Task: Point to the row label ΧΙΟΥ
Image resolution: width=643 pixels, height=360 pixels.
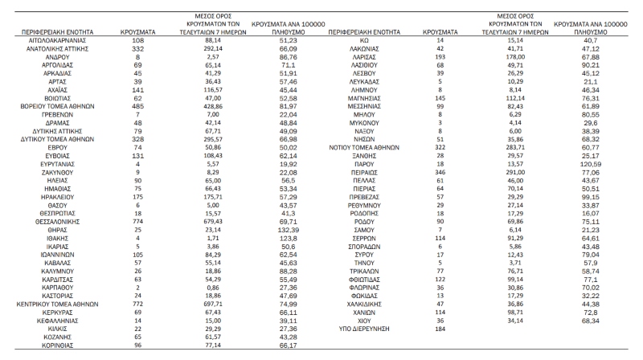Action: (367, 319)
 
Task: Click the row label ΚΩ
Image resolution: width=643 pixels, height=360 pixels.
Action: (367, 39)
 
